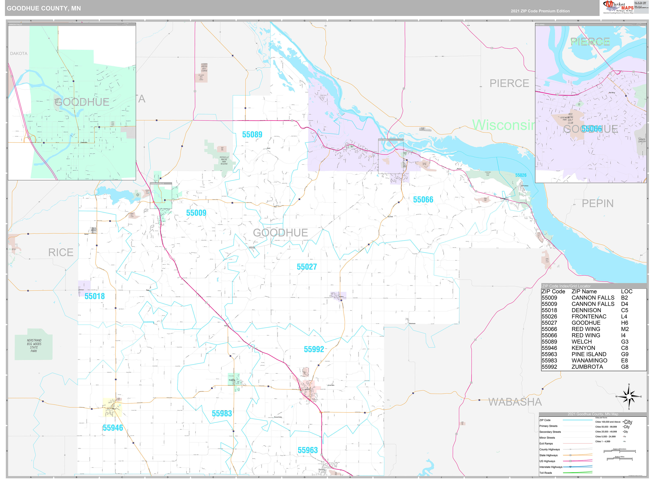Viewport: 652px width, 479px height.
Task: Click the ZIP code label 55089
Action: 252,134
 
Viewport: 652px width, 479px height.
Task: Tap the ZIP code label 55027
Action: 307,267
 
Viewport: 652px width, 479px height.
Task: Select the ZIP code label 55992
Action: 314,349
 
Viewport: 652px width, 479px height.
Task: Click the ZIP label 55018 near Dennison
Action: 95,296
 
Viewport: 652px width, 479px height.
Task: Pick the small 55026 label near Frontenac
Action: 521,175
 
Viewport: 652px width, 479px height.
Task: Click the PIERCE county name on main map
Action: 509,83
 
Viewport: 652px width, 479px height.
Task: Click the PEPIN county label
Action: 598,204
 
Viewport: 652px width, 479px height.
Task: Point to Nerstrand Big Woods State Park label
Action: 34,346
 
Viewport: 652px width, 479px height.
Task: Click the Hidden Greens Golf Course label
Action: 204,67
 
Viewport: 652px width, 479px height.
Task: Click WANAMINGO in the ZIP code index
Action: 589,360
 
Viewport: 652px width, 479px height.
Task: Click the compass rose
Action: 629,397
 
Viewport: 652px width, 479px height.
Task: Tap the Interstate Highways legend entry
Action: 551,467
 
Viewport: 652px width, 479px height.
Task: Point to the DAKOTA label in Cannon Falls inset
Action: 19,54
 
